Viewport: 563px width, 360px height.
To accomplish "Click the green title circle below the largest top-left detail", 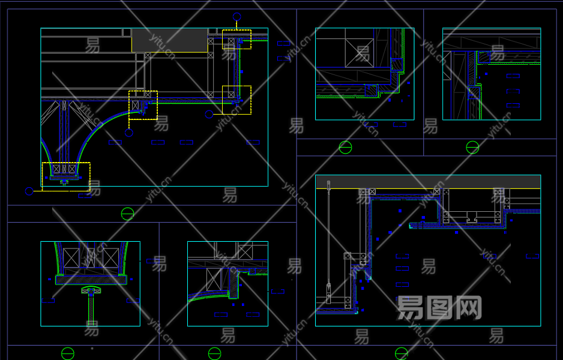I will click(128, 214).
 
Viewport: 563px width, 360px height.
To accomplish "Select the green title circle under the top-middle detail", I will click(345, 147).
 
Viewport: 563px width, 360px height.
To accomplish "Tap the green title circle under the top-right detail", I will click(472, 147).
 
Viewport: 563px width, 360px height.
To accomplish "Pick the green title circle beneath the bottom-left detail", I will click(68, 353).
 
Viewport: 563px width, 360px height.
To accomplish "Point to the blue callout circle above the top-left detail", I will click(237, 17).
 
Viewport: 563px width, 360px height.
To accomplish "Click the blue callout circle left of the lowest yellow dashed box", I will click(29, 191).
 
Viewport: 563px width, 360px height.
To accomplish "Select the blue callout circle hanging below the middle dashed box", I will click(129, 133).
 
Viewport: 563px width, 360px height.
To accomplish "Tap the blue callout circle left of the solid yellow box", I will click(209, 114).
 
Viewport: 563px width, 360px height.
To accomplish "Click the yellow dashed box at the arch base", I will click(66, 177).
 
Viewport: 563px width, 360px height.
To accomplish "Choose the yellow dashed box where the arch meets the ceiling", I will click(143, 105).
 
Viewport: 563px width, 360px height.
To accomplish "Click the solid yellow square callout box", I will click(236, 100).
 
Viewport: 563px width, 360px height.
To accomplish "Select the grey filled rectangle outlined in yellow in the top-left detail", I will click(169, 40).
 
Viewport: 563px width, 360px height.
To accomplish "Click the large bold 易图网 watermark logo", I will click(439, 308).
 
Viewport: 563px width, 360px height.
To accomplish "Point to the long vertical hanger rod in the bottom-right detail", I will click(328, 240).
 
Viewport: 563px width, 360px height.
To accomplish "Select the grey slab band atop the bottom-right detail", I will click(427, 182).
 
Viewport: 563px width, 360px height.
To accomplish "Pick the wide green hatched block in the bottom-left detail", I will click(91, 280).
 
